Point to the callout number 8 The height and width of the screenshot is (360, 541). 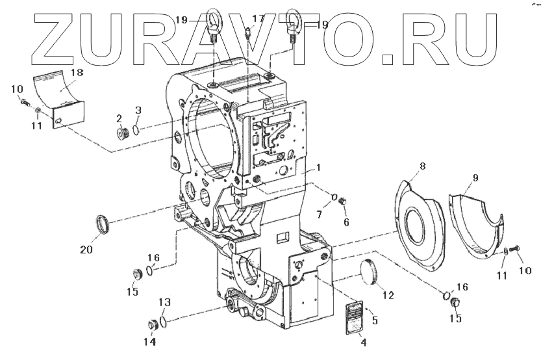click(x=422, y=167)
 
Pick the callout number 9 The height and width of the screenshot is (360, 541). click(x=474, y=177)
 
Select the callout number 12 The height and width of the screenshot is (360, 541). click(x=388, y=295)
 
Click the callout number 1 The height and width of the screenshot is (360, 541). click(x=319, y=167)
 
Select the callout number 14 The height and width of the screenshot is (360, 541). click(x=150, y=342)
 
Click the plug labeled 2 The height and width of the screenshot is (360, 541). click(x=120, y=135)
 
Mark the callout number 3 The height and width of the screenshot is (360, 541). click(x=138, y=109)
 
